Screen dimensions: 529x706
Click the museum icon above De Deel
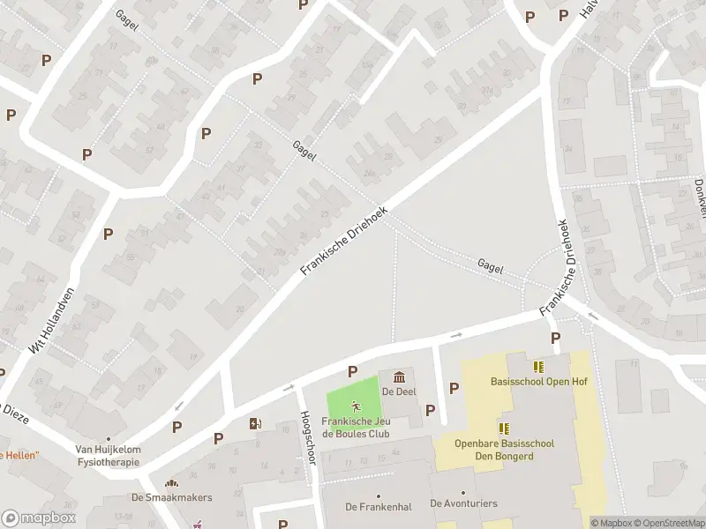pyautogui.click(x=398, y=377)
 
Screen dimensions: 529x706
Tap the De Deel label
pyautogui.click(x=399, y=391)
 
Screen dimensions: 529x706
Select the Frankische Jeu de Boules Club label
pyautogui.click(x=356, y=428)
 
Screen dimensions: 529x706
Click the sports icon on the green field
pyautogui.click(x=356, y=406)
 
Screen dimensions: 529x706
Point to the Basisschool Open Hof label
pyautogui.click(x=538, y=382)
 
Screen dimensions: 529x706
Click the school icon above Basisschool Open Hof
pyautogui.click(x=538, y=367)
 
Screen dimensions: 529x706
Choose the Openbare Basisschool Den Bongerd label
pyautogui.click(x=504, y=450)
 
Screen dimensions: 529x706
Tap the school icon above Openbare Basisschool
pyautogui.click(x=504, y=428)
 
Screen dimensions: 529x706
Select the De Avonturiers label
pyautogui.click(x=463, y=503)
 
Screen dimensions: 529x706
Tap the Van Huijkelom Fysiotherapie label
pyautogui.click(x=108, y=455)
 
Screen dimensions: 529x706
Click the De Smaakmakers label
pyautogui.click(x=171, y=497)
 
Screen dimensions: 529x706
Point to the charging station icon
pyautogui.click(x=256, y=423)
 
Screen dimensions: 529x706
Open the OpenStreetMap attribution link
pyautogui.click(x=669, y=523)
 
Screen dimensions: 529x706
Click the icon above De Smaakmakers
pyautogui.click(x=171, y=483)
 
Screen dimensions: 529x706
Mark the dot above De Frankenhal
pyautogui.click(x=378, y=495)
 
